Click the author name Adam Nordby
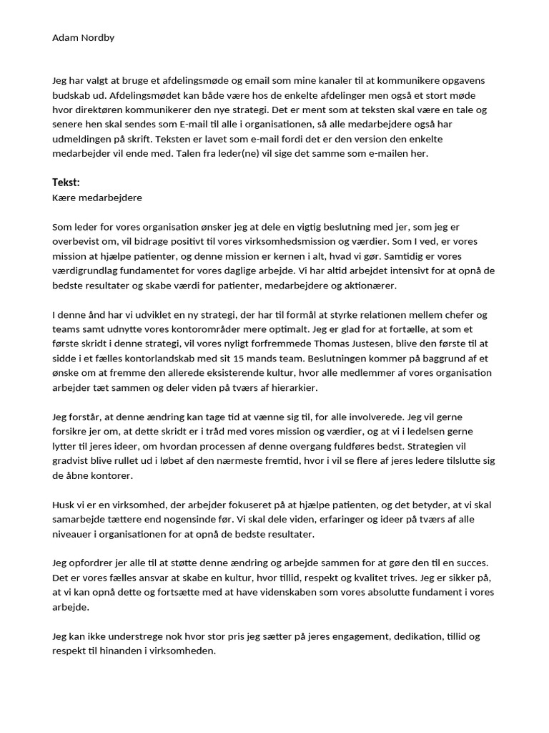pos(84,37)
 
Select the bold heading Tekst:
pos(66,183)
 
